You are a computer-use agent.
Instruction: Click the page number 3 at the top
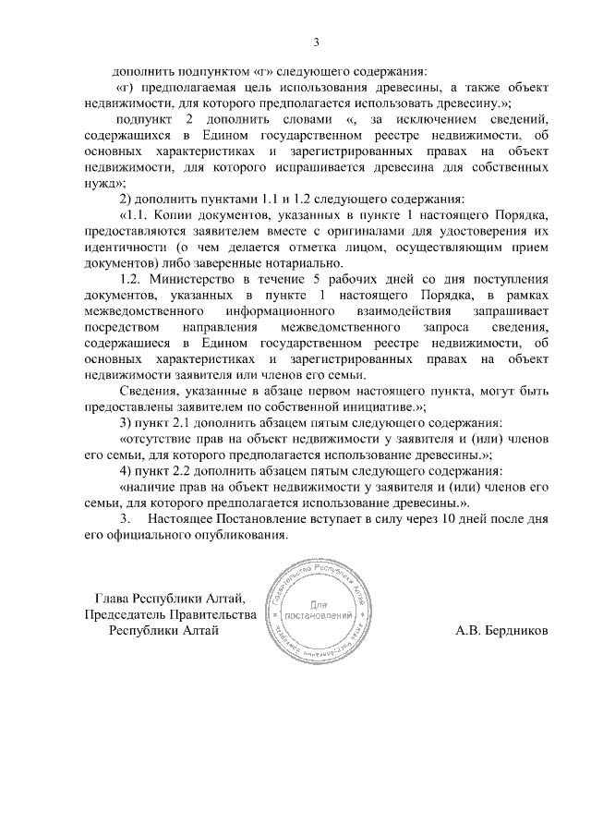[x=316, y=42]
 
